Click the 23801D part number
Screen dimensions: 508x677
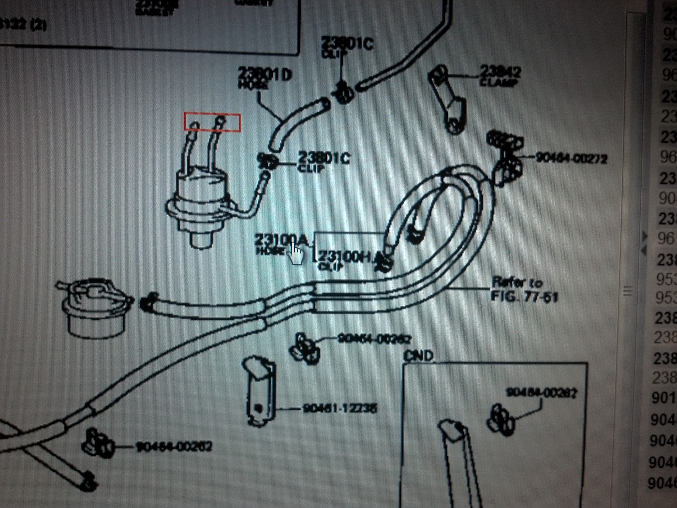265,74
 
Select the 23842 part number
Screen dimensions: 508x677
500,72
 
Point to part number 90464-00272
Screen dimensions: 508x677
571,158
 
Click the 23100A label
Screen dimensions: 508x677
281,239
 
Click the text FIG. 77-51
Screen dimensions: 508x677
524,296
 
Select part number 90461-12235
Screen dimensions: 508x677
339,408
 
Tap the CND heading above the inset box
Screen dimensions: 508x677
418,356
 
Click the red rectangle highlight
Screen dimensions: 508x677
212,122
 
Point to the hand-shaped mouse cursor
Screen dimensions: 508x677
296,254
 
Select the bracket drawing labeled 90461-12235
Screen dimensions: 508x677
260,392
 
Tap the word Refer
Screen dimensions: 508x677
505,282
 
